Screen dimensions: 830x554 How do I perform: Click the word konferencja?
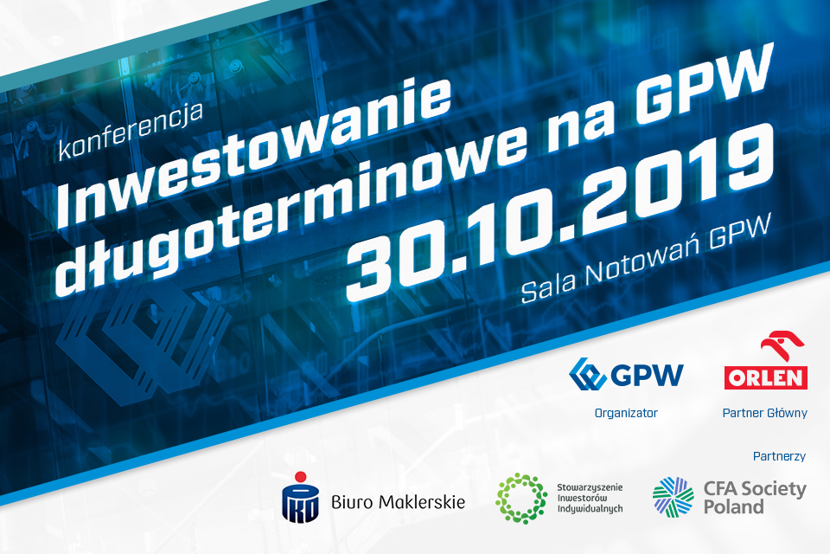click(x=131, y=132)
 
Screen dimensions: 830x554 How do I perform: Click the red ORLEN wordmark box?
click(x=765, y=377)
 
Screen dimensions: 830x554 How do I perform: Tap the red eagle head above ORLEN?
click(x=782, y=346)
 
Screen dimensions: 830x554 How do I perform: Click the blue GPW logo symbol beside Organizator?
click(x=587, y=374)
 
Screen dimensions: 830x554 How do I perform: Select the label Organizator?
click(x=626, y=413)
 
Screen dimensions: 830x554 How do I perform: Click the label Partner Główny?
click(x=764, y=413)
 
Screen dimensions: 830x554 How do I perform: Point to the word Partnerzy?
click(x=779, y=456)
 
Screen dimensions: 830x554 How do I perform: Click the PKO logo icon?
click(x=300, y=497)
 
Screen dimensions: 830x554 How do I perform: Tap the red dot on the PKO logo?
click(x=301, y=477)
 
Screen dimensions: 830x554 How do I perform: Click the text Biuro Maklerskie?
click(x=398, y=501)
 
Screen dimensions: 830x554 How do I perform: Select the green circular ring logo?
click(x=521, y=499)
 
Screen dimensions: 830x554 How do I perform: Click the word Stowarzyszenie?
click(x=590, y=487)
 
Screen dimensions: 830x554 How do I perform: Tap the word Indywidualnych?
click(x=590, y=509)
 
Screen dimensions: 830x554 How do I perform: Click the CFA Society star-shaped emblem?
click(x=674, y=497)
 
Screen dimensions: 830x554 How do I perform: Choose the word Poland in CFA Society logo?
click(x=733, y=506)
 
